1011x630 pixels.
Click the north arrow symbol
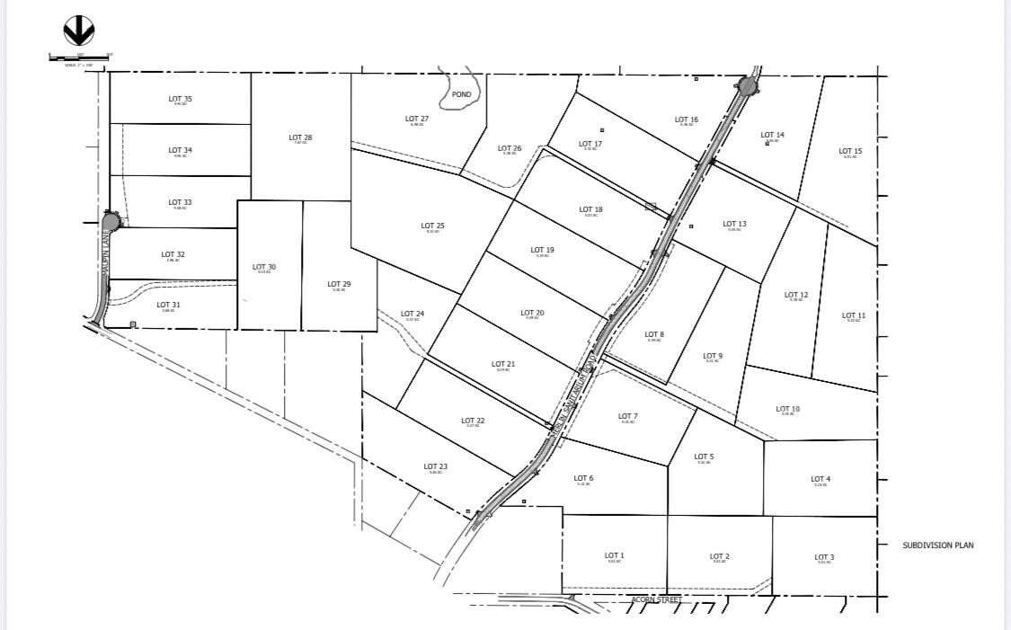tap(79, 32)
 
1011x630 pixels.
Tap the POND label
tap(461, 94)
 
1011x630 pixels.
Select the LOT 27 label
tap(417, 119)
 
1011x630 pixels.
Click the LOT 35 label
tap(181, 99)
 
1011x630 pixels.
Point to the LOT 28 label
tap(300, 138)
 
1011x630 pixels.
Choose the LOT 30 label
tap(264, 267)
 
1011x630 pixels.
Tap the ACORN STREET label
tap(658, 599)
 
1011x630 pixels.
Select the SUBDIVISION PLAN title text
tap(938, 546)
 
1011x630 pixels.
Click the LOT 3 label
tap(824, 557)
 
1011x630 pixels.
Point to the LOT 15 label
tap(850, 152)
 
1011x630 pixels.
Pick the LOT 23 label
tap(436, 466)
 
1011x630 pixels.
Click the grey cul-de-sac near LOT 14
tap(747, 87)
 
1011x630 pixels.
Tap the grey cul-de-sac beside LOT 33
tap(111, 221)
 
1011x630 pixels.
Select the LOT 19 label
tap(542, 251)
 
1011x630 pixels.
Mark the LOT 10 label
tap(787, 409)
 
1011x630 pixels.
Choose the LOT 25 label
tap(432, 226)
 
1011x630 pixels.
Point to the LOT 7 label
tap(628, 416)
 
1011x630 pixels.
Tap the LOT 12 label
tap(796, 295)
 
